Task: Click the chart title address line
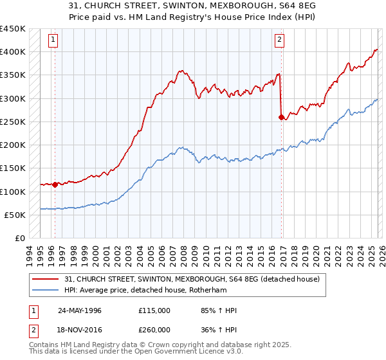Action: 192,6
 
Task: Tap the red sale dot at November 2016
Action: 281,117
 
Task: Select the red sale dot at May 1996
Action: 55,184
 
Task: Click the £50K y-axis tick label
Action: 15,215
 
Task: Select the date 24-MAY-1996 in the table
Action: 80,310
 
